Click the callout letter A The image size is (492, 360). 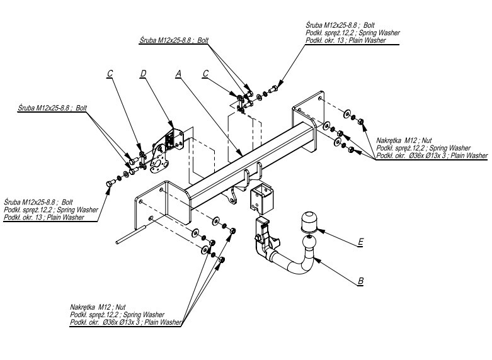pyautogui.click(x=179, y=74)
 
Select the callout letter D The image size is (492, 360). pyautogui.click(x=144, y=74)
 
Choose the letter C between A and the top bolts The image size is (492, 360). pyautogui.click(x=205, y=74)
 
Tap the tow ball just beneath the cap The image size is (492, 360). pyautogui.click(x=309, y=242)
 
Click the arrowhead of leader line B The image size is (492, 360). pyautogui.click(x=313, y=257)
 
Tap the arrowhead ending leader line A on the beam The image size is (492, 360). pyautogui.click(x=240, y=155)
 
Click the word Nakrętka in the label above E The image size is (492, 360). pyautogui.click(x=389, y=139)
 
